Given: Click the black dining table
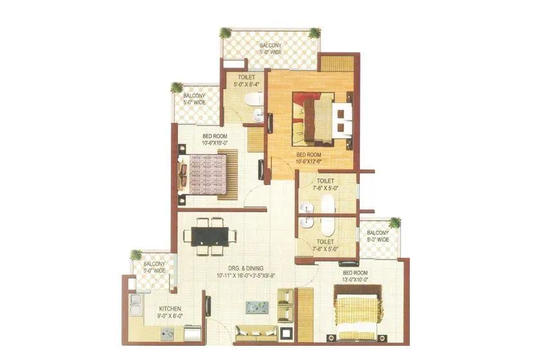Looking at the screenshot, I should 210,235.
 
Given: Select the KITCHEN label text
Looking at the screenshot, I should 171,309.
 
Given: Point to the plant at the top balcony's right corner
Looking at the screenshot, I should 314,33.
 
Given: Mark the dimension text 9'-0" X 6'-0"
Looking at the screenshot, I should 171,316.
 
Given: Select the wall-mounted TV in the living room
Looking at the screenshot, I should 207,305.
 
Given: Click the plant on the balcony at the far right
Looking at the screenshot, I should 394,223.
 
